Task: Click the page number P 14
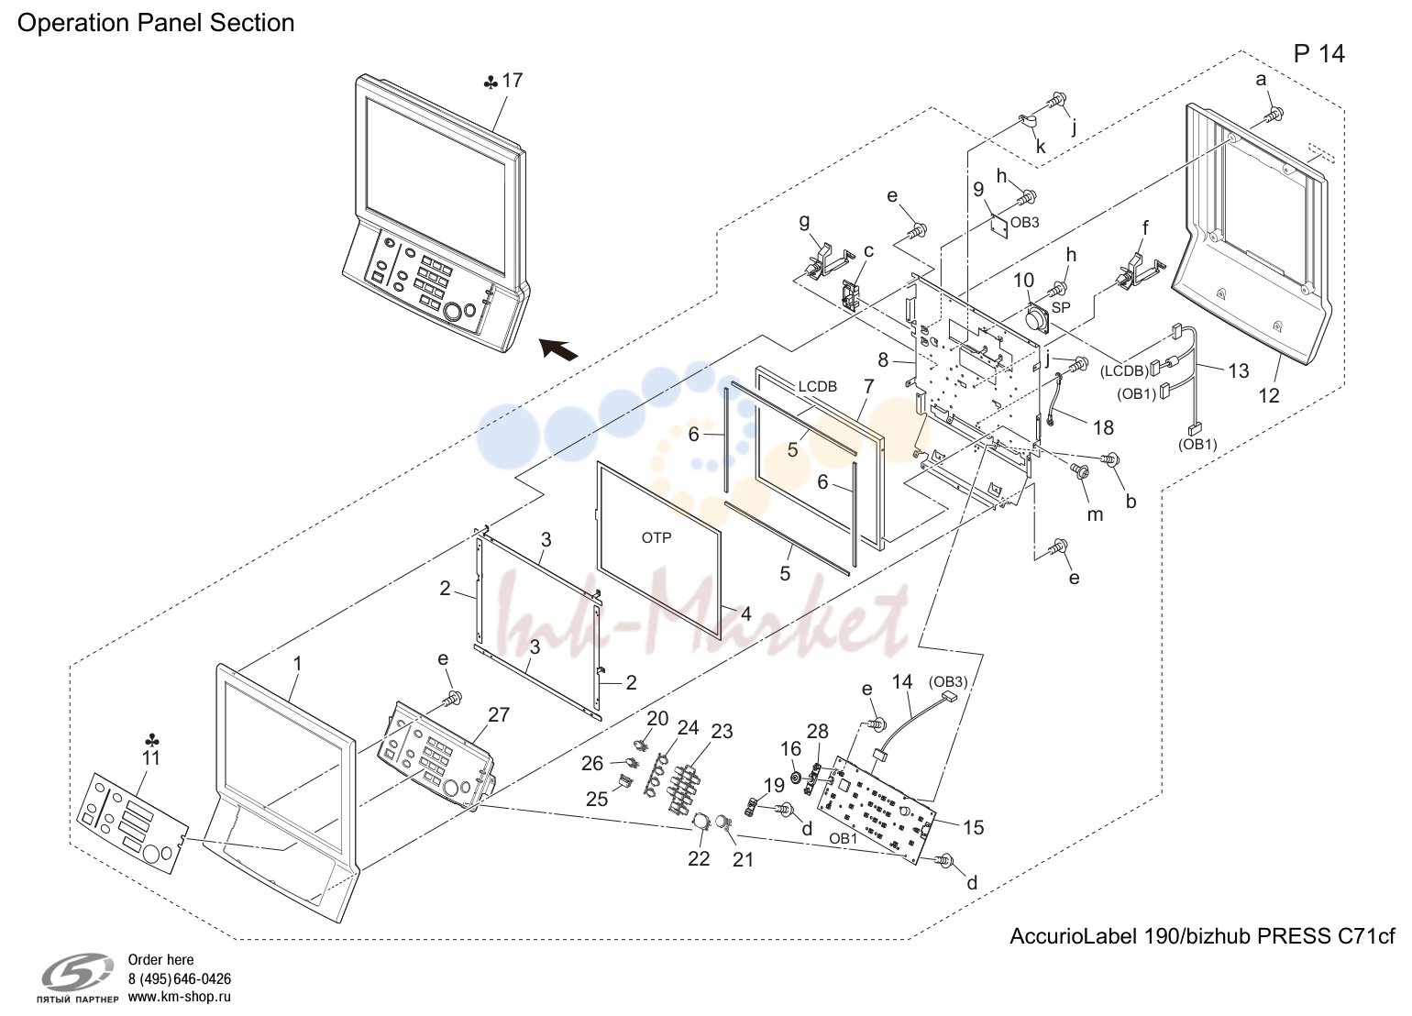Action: click(1319, 54)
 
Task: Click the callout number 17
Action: click(513, 81)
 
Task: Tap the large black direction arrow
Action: click(558, 348)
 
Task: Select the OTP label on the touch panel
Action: click(656, 537)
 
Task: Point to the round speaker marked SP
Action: click(1037, 319)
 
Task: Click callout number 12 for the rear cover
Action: click(1269, 396)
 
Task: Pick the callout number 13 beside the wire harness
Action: click(1239, 370)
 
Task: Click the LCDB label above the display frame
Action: click(818, 386)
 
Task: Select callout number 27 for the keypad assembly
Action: click(499, 714)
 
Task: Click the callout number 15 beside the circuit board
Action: click(974, 827)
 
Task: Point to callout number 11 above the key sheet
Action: click(151, 757)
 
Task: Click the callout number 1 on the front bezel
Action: click(297, 664)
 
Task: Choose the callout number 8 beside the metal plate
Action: click(883, 359)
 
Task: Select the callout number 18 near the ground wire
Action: click(1104, 428)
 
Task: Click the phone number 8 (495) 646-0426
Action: click(180, 978)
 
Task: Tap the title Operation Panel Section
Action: click(156, 23)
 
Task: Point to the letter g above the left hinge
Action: click(804, 222)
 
